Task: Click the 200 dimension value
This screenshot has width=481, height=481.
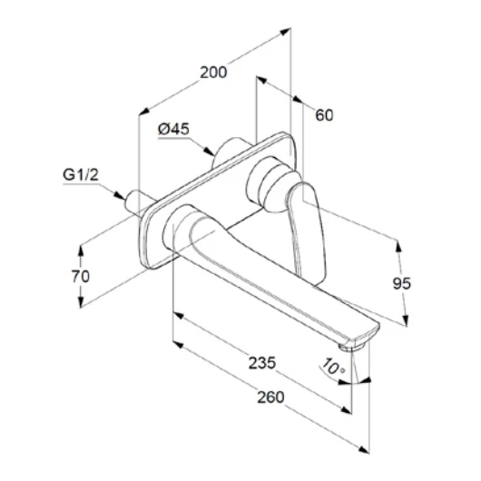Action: pos(213,73)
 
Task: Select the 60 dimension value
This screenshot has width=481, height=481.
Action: pos(324,115)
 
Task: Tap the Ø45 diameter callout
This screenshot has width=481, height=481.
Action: pos(173,129)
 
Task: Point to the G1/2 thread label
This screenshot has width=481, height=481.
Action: pos(81,175)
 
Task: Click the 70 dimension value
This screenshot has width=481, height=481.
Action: pos(81,276)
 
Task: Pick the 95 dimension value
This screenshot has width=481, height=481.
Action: pos(401,283)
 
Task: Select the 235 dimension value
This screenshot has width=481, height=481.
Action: pos(262,363)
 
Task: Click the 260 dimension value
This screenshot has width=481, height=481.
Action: pos(270,397)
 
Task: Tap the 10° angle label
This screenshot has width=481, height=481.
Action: pos(333,367)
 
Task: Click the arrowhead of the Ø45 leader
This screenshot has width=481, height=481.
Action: pos(210,151)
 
